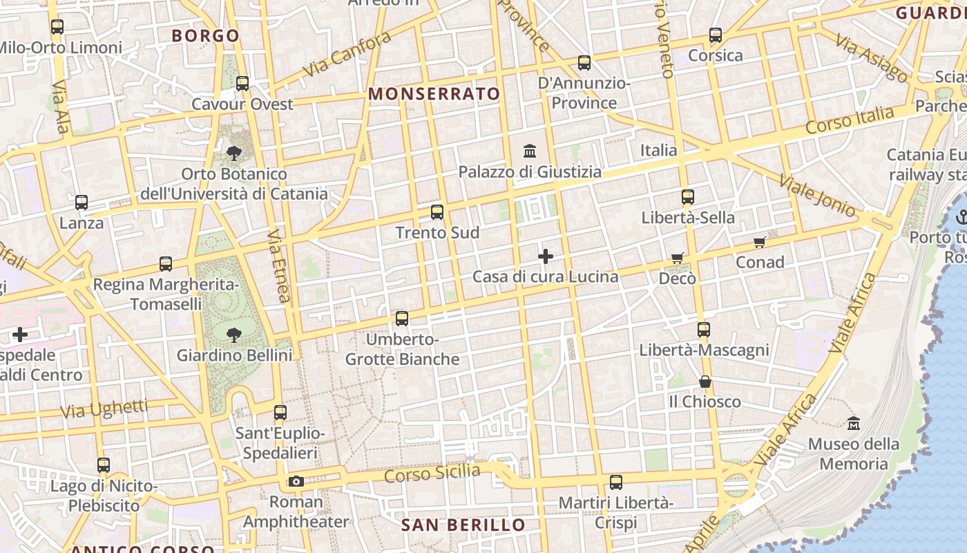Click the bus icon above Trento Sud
click(437, 212)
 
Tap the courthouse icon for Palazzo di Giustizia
click(530, 150)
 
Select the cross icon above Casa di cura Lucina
click(546, 256)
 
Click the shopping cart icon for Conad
click(760, 242)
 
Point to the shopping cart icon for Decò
click(677, 259)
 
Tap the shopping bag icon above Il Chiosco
click(705, 382)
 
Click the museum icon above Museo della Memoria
click(854, 423)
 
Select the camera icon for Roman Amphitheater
click(296, 481)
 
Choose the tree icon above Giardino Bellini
click(234, 335)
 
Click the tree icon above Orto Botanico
click(234, 153)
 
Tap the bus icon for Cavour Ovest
click(242, 84)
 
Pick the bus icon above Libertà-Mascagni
click(704, 330)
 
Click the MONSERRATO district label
click(434, 94)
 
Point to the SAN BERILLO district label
click(463, 525)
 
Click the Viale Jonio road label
click(817, 196)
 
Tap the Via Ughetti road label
click(104, 409)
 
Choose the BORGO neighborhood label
click(206, 35)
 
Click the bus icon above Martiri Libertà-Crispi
click(615, 482)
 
